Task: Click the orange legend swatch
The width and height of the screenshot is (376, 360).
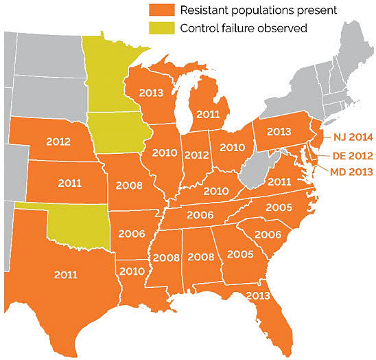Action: (162, 10)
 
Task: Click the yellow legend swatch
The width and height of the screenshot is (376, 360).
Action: (162, 28)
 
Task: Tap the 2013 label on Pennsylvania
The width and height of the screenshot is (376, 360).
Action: (279, 131)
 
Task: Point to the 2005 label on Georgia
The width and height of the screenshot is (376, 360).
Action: (239, 254)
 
